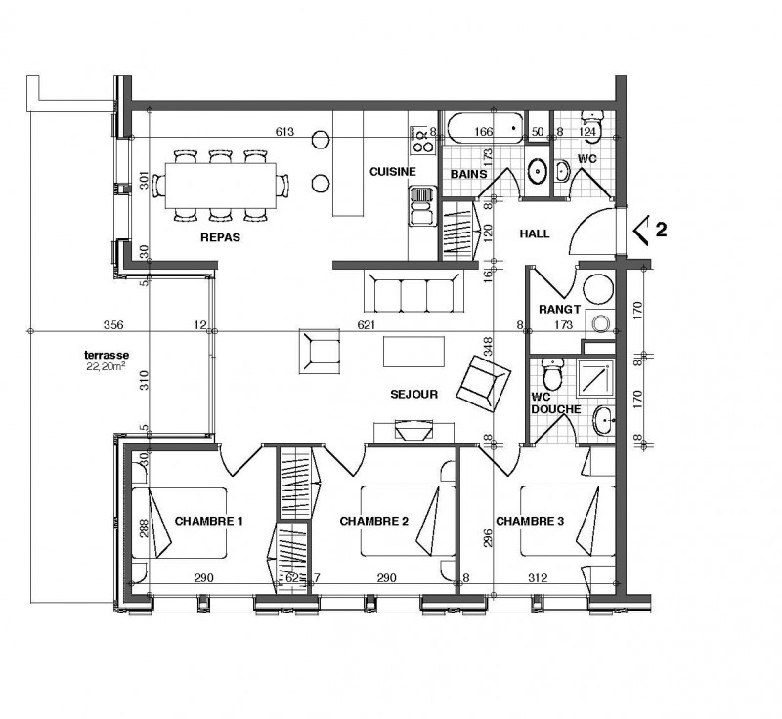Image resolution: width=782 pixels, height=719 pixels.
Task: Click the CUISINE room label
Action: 393,171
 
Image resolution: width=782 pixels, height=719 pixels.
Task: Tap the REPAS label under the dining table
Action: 221,237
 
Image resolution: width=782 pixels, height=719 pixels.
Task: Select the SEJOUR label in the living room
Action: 413,394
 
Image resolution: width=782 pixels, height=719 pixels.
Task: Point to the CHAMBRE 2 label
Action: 374,522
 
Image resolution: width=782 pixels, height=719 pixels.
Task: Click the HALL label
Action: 535,233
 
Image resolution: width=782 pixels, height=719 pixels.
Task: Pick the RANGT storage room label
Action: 559,310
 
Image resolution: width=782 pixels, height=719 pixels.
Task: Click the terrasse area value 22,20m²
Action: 106,367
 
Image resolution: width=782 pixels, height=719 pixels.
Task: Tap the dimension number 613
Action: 284,132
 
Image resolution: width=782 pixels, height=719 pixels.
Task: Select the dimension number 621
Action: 366,325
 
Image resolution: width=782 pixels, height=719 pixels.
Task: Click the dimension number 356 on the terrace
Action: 113,325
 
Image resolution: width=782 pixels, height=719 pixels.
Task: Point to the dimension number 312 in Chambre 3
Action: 538,578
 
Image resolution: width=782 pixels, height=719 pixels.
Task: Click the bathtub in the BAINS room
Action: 485,129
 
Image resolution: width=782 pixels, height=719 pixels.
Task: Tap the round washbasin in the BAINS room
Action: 538,171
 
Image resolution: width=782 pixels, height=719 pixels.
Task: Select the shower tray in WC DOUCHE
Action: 595,377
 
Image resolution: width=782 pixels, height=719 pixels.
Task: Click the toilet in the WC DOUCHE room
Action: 552,375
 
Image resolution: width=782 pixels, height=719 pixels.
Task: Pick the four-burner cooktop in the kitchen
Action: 422,140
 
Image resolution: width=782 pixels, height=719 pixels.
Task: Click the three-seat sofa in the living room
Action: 413,292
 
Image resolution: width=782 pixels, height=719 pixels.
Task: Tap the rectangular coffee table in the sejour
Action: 413,352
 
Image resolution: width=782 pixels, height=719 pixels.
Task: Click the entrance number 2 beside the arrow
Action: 661,230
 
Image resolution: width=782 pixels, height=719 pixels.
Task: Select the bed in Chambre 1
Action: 180,524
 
